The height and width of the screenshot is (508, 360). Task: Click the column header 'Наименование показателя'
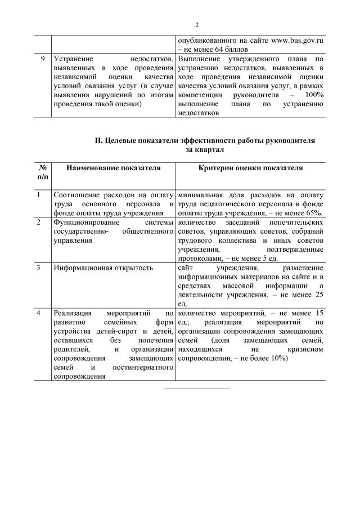113,168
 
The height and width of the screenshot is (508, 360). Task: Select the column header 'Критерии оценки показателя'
250,168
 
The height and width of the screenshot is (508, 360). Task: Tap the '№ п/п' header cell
42,172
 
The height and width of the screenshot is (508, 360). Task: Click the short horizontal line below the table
197,388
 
